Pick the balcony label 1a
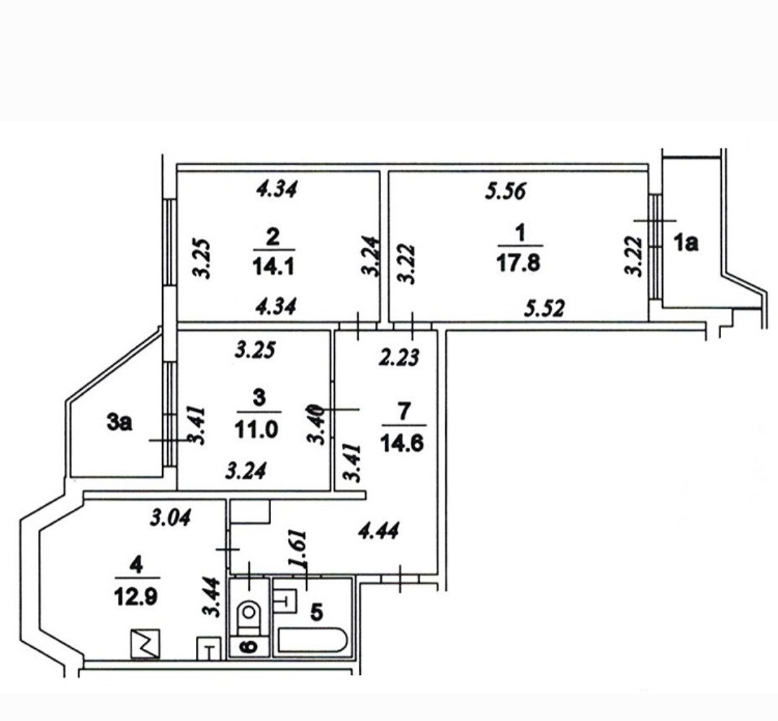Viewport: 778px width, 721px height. coord(686,244)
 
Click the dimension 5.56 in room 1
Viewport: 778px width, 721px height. coord(506,192)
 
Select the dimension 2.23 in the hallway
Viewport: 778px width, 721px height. coord(399,357)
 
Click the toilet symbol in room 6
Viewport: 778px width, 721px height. coord(249,614)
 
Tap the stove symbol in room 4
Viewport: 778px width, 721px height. coord(145,643)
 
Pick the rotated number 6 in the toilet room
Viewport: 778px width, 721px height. coord(249,646)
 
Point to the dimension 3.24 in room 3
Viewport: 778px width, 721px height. coord(247,471)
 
